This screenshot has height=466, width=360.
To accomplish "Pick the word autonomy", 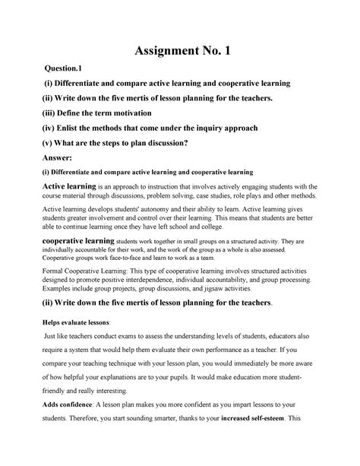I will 172,207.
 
